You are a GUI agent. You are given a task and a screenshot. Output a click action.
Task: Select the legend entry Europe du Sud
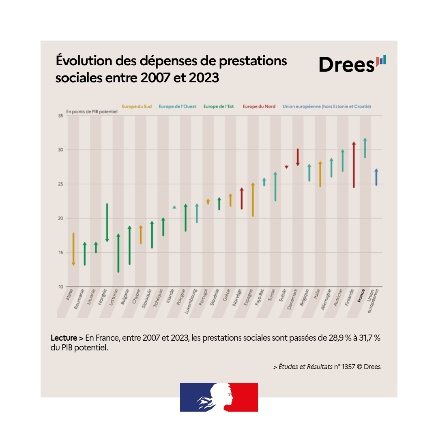(x=137, y=107)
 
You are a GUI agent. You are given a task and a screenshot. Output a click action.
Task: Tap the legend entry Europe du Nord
(x=259, y=107)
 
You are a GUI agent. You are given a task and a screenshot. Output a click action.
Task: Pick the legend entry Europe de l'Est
(x=219, y=107)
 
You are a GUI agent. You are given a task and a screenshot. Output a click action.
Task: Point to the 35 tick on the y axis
(x=60, y=116)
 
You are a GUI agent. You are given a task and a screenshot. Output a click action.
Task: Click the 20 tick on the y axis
(x=60, y=218)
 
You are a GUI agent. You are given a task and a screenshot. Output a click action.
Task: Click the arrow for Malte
(x=73, y=249)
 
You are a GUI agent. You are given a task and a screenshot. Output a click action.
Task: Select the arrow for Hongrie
(x=107, y=223)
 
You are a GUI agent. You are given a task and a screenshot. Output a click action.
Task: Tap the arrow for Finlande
(x=354, y=165)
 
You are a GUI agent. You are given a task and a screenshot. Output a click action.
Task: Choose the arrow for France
(x=365, y=148)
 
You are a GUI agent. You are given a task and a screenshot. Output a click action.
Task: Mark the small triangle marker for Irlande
(x=174, y=207)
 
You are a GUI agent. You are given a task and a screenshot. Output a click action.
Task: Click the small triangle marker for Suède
(x=287, y=167)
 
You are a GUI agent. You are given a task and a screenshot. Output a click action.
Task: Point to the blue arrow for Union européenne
(x=376, y=177)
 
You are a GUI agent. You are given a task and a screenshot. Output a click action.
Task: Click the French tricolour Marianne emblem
(x=219, y=397)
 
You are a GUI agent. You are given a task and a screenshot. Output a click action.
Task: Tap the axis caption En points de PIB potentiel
(x=92, y=111)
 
